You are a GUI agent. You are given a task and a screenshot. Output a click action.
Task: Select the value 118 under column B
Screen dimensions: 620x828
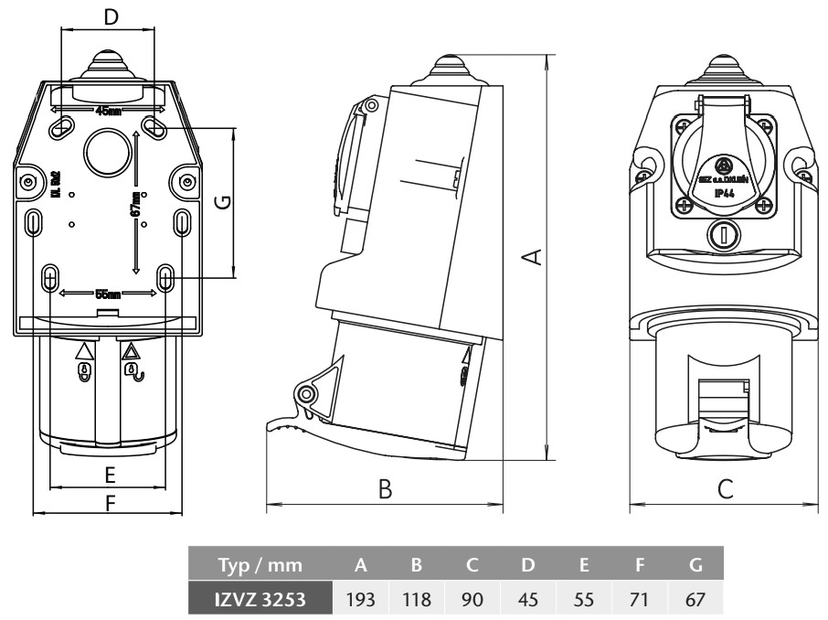pyautogui.click(x=415, y=599)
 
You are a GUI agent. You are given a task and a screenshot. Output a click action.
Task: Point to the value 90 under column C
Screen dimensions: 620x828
pyautogui.click(x=472, y=599)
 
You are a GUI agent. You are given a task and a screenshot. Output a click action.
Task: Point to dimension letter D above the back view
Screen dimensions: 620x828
pyautogui.click(x=110, y=16)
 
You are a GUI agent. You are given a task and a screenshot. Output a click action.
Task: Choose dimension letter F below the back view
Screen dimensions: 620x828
pyautogui.click(x=110, y=503)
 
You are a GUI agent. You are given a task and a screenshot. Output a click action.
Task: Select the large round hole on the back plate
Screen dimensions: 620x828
pyautogui.click(x=107, y=149)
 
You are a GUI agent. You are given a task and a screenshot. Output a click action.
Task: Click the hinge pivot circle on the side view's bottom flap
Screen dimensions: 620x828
pyautogui.click(x=306, y=394)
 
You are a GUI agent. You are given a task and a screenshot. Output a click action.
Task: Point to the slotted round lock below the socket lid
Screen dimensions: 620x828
pyautogui.click(x=724, y=235)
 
